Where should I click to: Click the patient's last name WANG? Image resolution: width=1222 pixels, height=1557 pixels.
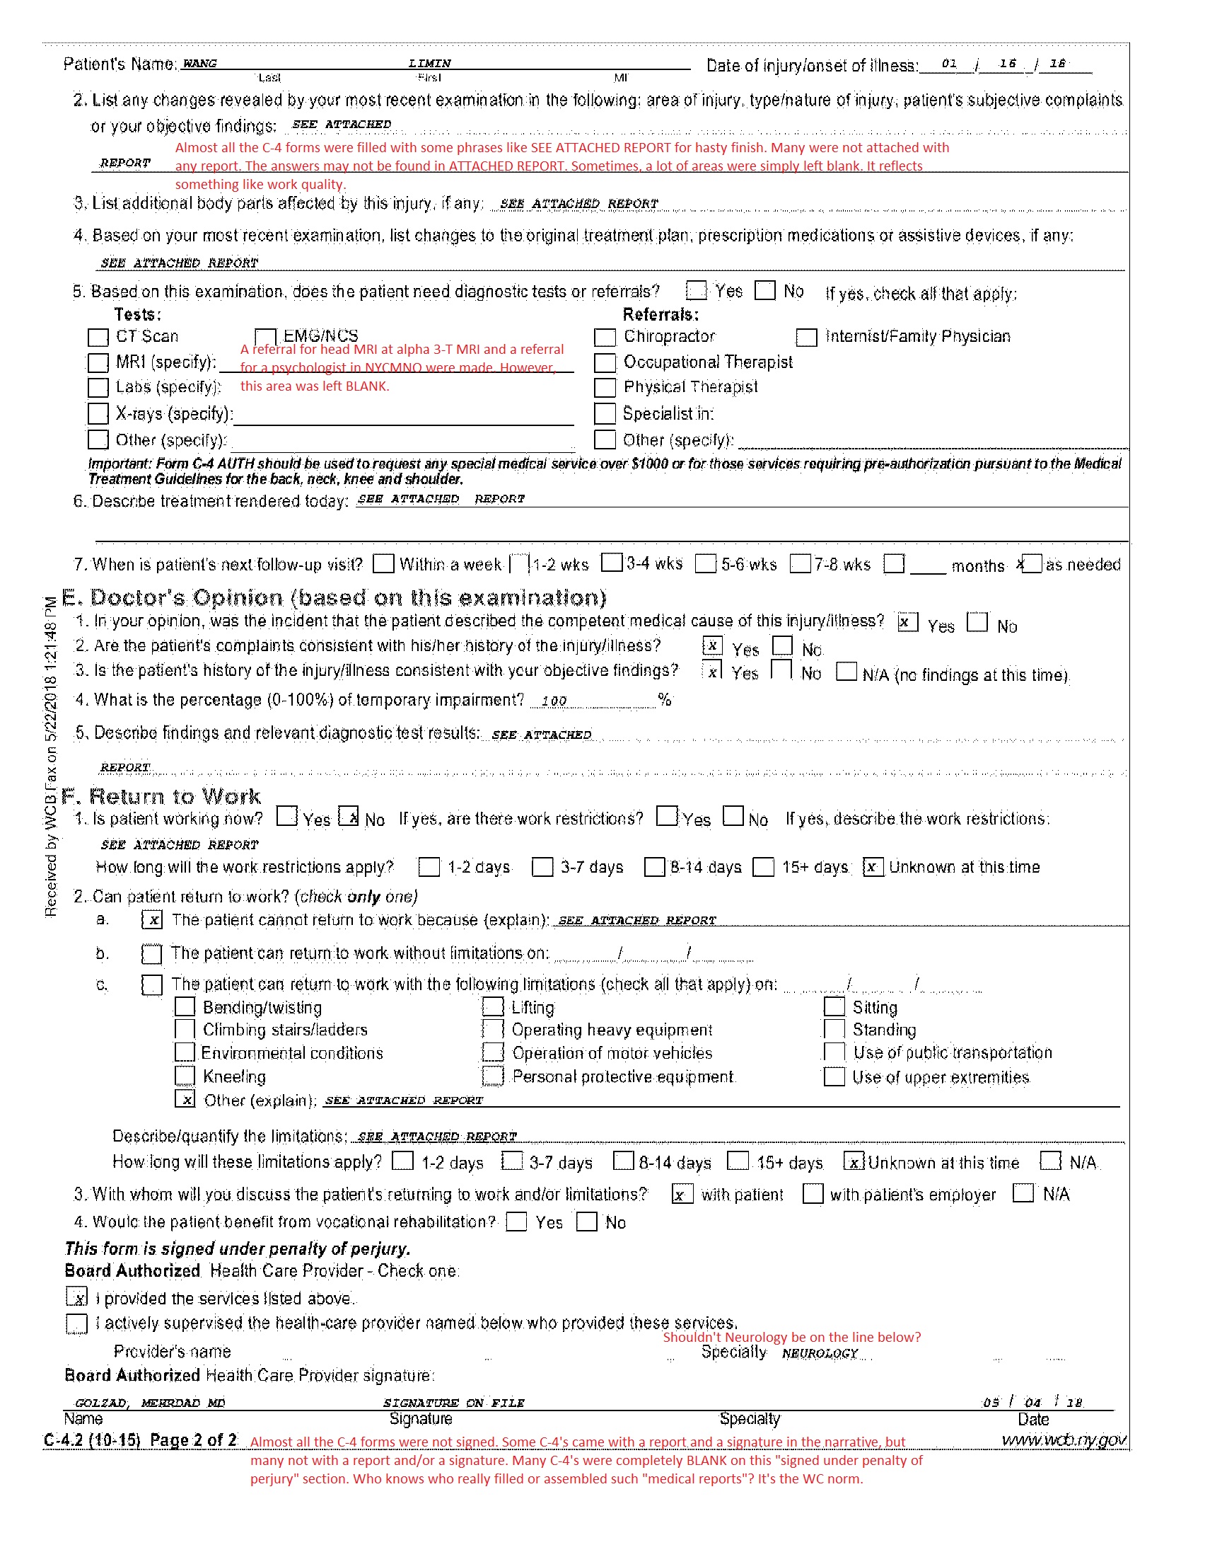click(199, 64)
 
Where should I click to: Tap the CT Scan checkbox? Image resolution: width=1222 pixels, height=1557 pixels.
click(98, 337)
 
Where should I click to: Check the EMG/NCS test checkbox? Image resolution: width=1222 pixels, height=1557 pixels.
click(265, 337)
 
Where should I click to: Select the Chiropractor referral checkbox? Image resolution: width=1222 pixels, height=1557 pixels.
click(605, 337)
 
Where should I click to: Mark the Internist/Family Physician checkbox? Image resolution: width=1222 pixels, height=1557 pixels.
click(807, 337)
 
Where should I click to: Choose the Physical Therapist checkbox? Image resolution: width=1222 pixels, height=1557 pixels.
click(605, 388)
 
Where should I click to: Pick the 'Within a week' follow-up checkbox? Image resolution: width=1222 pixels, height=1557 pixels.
click(384, 564)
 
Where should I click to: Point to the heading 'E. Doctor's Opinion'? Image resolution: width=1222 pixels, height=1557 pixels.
click(334, 598)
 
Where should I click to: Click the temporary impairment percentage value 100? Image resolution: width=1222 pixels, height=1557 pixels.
click(554, 701)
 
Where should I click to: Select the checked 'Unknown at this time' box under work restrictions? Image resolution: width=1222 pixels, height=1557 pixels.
click(873, 867)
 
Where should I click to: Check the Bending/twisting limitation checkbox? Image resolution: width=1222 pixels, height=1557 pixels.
click(185, 1007)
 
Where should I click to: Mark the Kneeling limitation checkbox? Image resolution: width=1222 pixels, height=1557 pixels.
click(185, 1076)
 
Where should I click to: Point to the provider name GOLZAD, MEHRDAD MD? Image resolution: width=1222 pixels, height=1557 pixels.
click(150, 1403)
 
